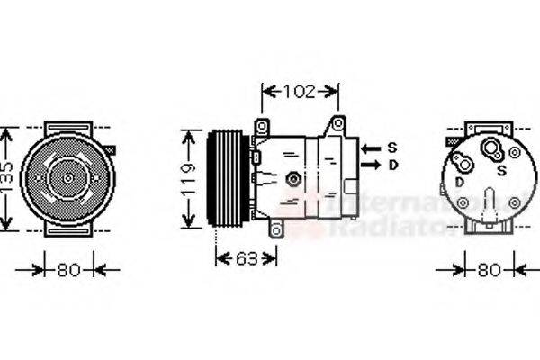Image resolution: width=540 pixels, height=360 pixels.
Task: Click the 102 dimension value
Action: tap(300, 91)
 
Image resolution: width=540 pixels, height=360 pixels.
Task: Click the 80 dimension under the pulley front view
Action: tap(67, 268)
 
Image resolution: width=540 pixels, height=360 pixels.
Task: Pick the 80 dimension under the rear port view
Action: tap(489, 268)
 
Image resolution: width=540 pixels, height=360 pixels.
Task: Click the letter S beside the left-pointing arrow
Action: tap(392, 148)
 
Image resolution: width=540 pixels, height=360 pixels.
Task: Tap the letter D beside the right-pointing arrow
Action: tap(392, 166)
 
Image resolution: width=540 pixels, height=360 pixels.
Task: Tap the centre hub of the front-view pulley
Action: tap(68, 178)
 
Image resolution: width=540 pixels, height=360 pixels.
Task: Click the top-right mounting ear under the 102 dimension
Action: tap(337, 122)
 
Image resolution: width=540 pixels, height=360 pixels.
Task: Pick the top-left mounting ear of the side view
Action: tap(262, 126)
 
